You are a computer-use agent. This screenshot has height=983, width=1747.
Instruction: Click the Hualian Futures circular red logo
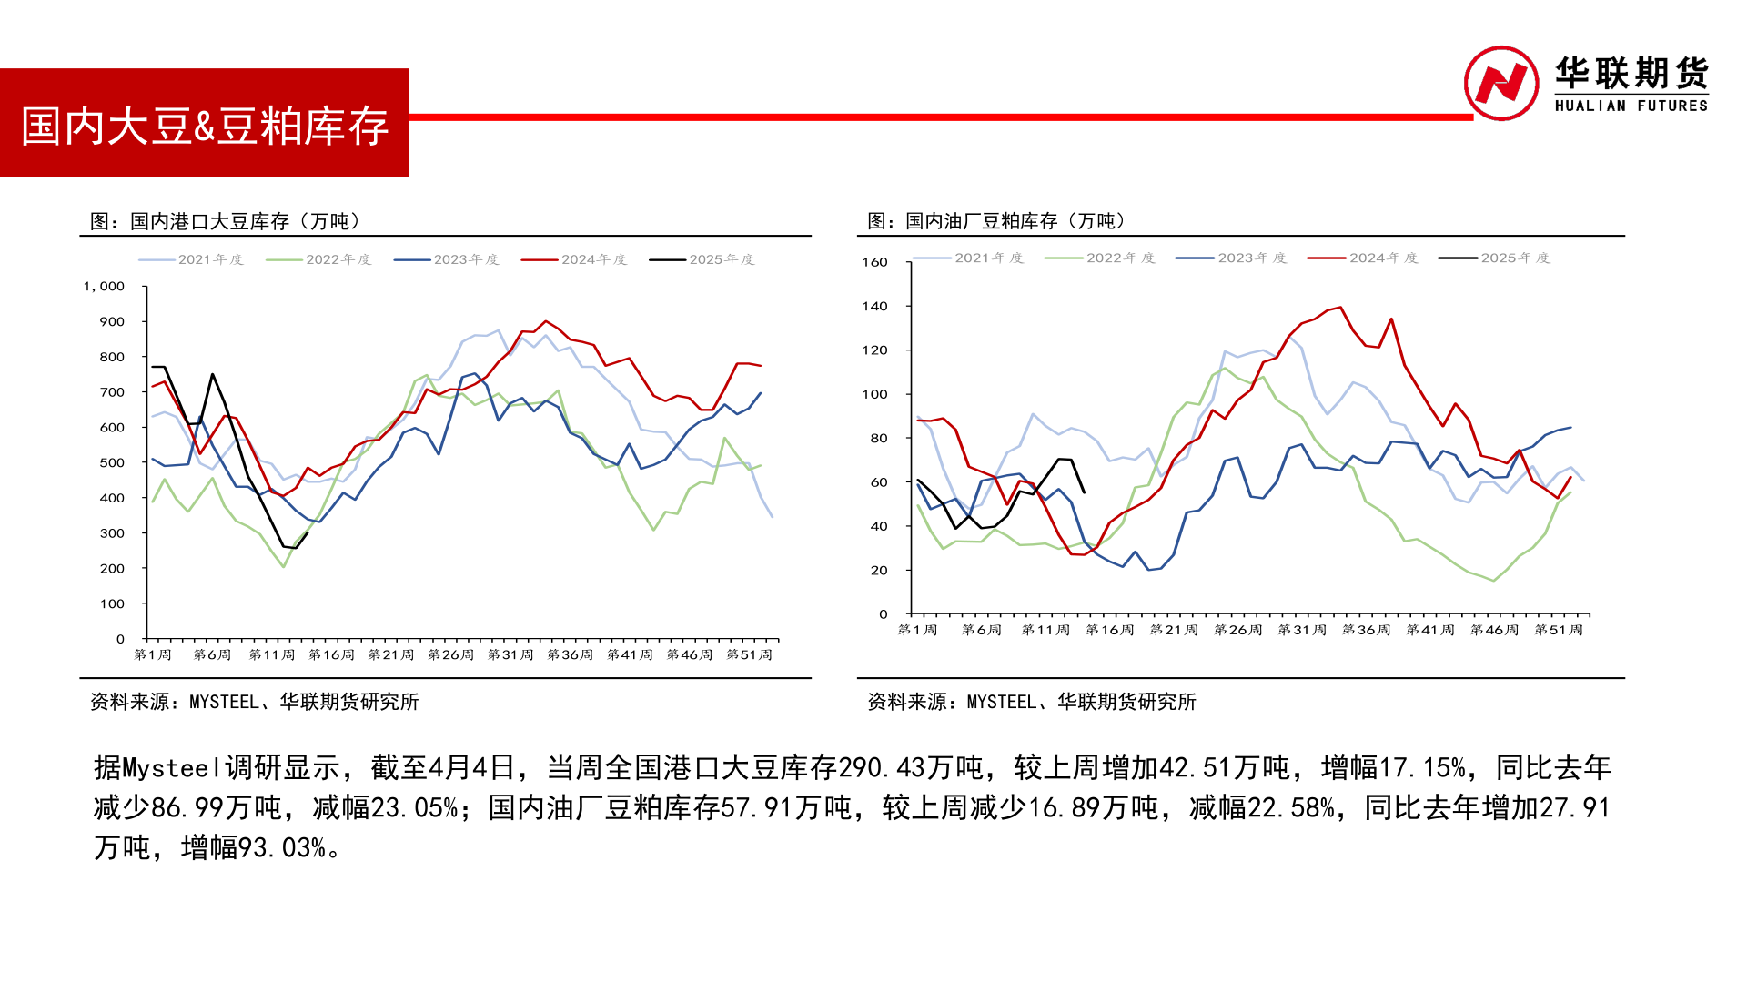[1500, 83]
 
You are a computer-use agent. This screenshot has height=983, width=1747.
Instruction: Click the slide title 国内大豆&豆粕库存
[205, 126]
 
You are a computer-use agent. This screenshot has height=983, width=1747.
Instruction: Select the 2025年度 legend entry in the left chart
[702, 259]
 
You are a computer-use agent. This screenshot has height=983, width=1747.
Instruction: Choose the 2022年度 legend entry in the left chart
[319, 259]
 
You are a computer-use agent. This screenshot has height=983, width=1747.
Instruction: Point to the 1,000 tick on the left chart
[104, 286]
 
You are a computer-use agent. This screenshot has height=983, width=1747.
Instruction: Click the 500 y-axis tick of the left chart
[112, 462]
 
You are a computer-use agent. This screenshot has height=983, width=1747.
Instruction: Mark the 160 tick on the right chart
[874, 262]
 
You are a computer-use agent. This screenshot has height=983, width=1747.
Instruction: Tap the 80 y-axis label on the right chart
[878, 438]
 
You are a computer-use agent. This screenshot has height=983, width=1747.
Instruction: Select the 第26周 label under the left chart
[451, 654]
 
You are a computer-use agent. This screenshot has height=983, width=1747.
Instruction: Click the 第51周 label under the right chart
[1559, 630]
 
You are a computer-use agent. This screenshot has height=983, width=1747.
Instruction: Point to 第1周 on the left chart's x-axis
[153, 654]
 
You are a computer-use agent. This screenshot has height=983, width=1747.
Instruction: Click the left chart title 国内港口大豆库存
[226, 221]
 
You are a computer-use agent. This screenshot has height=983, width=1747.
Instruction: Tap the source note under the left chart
[255, 702]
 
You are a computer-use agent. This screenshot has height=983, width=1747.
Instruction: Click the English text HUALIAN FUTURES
[1631, 106]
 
